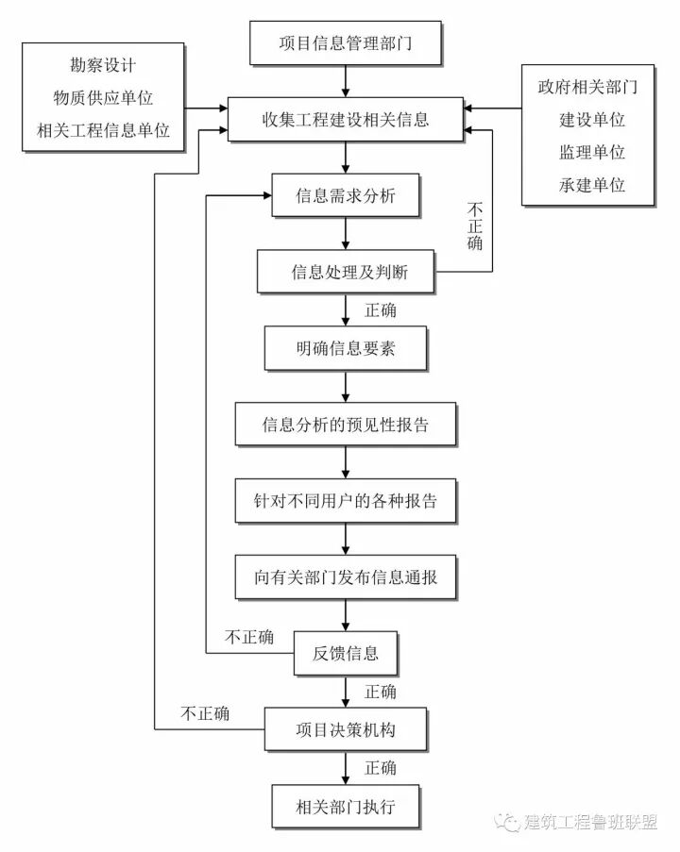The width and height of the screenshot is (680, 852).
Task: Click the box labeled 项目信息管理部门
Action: point(345,43)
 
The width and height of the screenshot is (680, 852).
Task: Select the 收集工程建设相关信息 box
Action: point(345,120)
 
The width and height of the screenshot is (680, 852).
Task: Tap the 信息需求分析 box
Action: point(345,196)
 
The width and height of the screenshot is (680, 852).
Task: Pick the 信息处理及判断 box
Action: point(345,274)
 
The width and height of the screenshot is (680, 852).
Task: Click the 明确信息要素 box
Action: point(345,349)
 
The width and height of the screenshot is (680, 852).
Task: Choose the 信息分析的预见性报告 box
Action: point(345,425)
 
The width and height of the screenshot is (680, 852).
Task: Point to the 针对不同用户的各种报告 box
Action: point(345,501)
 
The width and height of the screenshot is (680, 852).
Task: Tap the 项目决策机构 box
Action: point(345,730)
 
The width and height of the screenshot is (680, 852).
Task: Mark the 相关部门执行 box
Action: point(345,807)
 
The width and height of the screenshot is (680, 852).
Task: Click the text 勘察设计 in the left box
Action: point(103,67)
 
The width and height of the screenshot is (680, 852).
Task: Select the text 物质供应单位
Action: point(103,98)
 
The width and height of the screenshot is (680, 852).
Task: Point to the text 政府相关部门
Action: point(587,89)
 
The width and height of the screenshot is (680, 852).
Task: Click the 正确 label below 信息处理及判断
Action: point(380,310)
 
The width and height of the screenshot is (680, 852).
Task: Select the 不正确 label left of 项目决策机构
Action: point(204,713)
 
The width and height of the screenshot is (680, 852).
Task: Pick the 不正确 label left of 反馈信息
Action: point(249,638)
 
